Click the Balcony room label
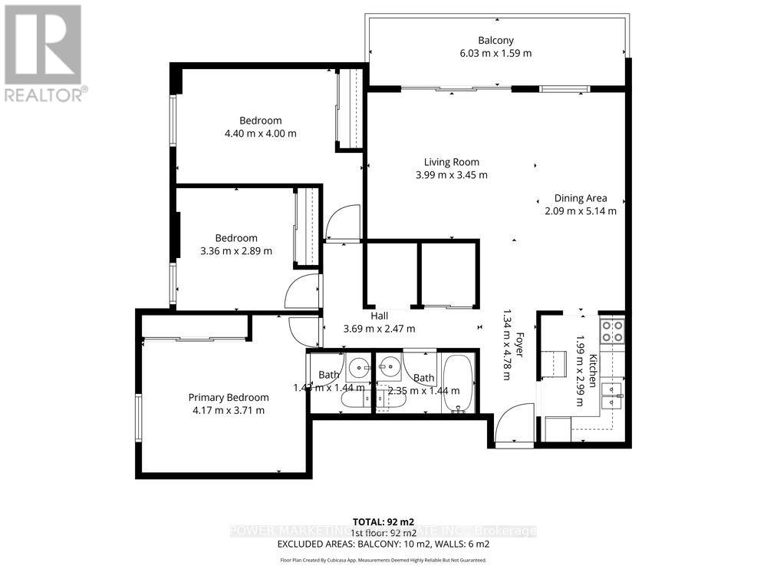point(494,41)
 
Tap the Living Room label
point(452,162)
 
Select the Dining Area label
point(580,198)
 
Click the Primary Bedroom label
point(229,397)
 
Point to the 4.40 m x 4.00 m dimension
point(260,134)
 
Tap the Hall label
point(380,316)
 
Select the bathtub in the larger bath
point(459,384)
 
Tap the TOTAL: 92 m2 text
point(383,521)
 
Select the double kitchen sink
point(613,394)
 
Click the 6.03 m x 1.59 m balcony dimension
point(494,54)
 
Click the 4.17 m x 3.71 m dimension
point(229,410)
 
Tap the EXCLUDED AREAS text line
point(383,545)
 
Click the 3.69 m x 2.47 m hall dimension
point(380,329)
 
